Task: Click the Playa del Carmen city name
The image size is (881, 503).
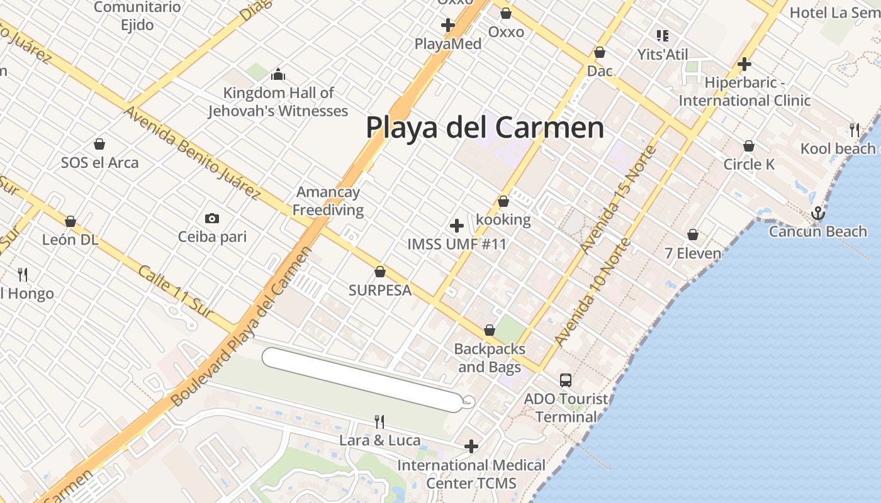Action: (x=485, y=128)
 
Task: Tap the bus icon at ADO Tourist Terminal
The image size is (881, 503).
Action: (x=565, y=380)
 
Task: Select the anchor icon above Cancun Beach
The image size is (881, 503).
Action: (x=817, y=213)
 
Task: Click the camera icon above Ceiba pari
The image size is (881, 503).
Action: (x=212, y=219)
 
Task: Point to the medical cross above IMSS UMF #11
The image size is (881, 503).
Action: (x=457, y=226)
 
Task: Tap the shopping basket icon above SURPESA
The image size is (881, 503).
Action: (x=380, y=272)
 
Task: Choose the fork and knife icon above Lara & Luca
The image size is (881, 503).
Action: (x=379, y=421)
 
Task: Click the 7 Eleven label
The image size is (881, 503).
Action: (x=693, y=253)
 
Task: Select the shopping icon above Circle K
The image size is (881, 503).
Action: (x=748, y=146)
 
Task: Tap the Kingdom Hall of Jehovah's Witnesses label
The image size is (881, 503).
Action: (x=278, y=102)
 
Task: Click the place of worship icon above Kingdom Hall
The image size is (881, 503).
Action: (x=278, y=75)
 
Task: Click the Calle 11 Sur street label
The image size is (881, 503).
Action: (x=176, y=292)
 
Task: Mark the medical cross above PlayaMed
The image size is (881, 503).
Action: (x=448, y=25)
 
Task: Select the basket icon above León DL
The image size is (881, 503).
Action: (x=70, y=221)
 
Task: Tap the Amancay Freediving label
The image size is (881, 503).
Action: (x=328, y=201)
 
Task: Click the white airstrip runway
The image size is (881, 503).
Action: (x=362, y=380)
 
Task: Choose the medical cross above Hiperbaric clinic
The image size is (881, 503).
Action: (x=744, y=64)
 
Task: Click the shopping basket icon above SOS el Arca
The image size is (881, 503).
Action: (x=99, y=144)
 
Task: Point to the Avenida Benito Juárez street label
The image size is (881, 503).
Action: (x=192, y=153)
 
